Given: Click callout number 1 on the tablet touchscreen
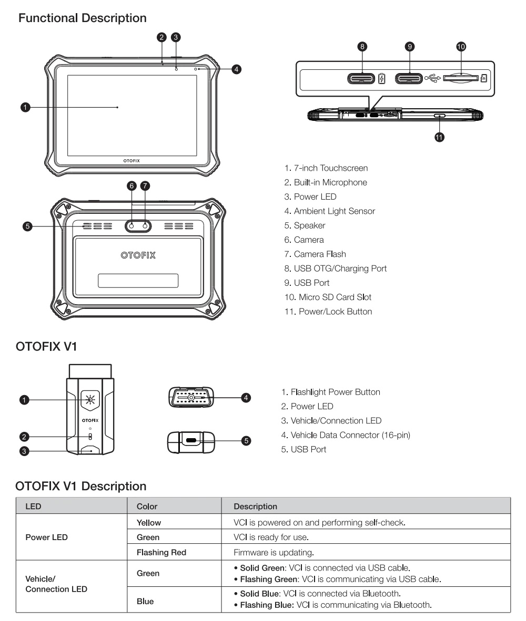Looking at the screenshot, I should pos(24,107).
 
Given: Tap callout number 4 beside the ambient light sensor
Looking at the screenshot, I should pos(237,69).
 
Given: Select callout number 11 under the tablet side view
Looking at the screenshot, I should pos(439,137).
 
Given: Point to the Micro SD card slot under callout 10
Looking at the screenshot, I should pos(461,79).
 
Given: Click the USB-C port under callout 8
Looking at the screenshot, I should pos(361,79).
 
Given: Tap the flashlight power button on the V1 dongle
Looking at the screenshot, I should pos(90,400).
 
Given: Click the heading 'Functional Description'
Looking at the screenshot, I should pos(83,18).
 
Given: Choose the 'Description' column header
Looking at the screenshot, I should pos(255,507).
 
